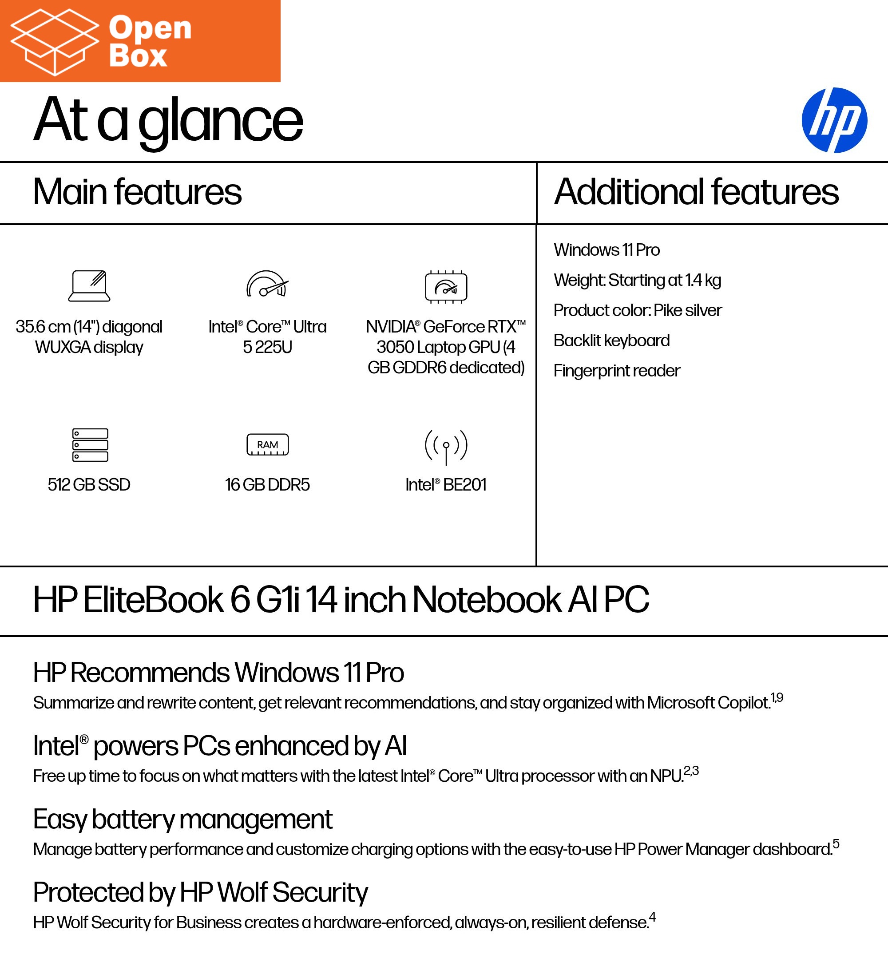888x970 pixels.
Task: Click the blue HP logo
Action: [x=834, y=120]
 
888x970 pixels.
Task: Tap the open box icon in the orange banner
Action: [x=54, y=42]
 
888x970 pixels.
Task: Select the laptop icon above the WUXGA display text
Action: [x=89, y=286]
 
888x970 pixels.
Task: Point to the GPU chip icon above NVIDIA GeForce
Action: [x=446, y=287]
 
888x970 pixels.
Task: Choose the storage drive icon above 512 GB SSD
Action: [x=90, y=444]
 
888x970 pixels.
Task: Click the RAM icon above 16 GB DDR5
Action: [x=267, y=444]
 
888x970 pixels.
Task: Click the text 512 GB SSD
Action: [x=89, y=484]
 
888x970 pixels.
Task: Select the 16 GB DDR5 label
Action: [x=267, y=484]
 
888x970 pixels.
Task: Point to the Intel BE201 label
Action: [x=446, y=484]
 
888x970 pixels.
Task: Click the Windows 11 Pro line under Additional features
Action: [x=607, y=250]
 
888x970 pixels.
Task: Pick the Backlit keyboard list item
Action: [x=611, y=340]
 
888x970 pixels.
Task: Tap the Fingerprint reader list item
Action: [x=617, y=371]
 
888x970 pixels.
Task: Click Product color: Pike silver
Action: [x=637, y=310]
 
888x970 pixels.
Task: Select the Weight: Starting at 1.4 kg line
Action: [x=637, y=280]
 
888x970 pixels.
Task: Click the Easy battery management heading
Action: [x=182, y=820]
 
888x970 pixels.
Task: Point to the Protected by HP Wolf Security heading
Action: [x=200, y=893]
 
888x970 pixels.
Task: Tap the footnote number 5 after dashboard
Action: [x=836, y=843]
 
